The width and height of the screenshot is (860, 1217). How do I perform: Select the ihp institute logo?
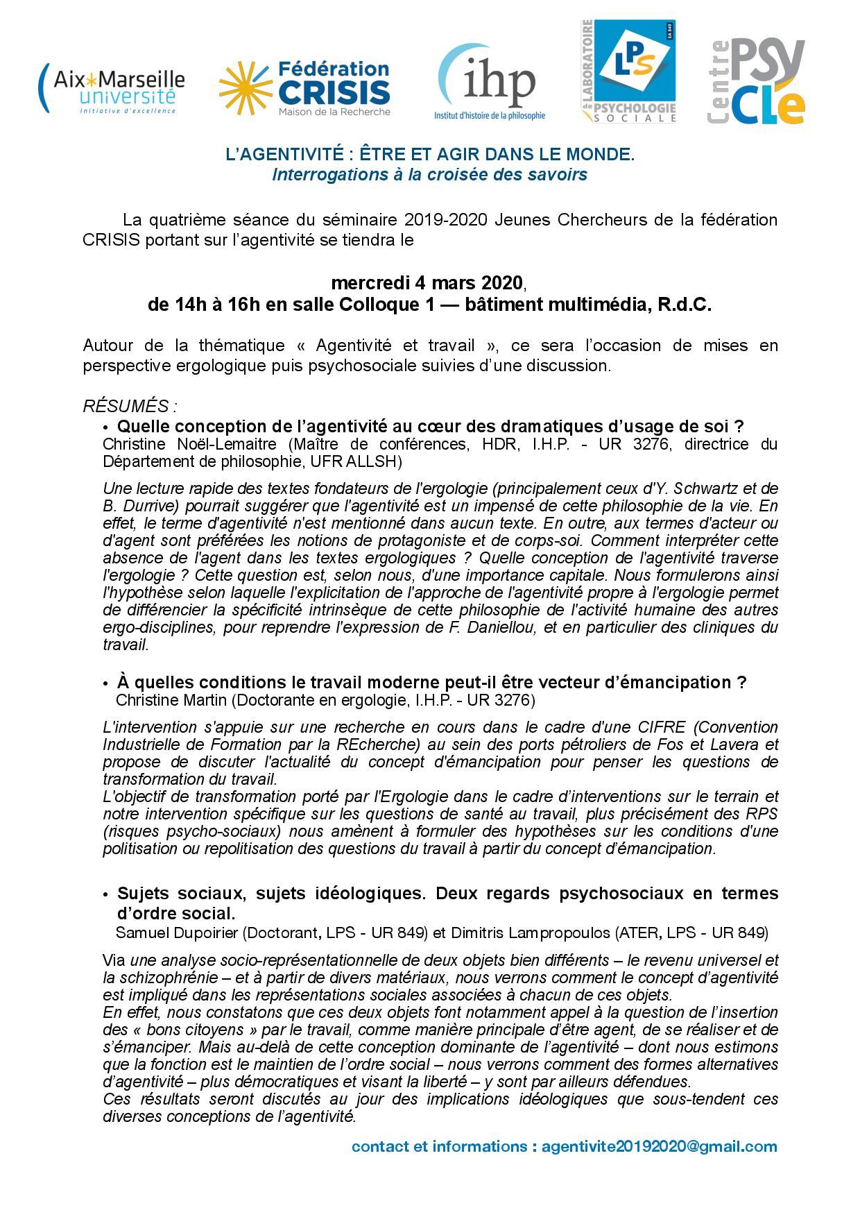click(x=489, y=83)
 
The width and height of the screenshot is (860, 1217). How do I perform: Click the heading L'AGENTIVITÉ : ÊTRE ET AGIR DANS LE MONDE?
click(x=430, y=156)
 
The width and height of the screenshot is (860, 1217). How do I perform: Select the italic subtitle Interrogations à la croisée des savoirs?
click(x=430, y=175)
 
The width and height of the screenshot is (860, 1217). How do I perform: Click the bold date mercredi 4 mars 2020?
click(x=426, y=283)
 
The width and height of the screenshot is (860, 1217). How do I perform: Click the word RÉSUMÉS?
click(x=125, y=405)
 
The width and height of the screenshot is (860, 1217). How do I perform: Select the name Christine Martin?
click(x=173, y=700)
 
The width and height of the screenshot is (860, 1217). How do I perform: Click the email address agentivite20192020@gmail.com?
click(x=659, y=1147)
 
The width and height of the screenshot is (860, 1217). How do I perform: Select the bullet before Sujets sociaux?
click(x=105, y=894)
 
